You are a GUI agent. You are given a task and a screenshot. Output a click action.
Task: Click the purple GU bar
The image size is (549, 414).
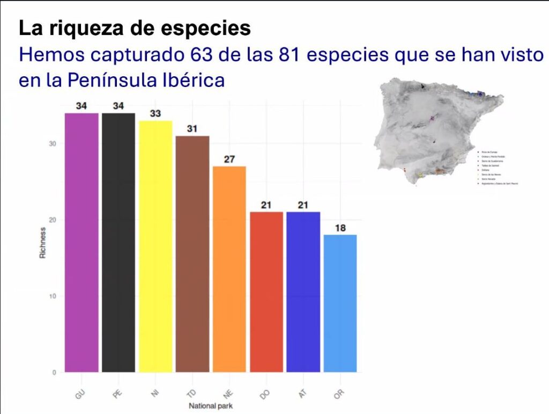(x=81, y=242)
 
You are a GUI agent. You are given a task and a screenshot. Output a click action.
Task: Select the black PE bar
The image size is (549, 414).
(x=118, y=242)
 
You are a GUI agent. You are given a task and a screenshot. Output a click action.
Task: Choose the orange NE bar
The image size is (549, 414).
(x=229, y=268)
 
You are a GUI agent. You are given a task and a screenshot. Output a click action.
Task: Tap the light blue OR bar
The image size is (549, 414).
(x=340, y=303)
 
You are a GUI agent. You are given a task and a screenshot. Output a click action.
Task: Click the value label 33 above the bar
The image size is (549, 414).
(x=155, y=114)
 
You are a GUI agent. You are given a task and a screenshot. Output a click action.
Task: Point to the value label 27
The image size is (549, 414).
(x=229, y=159)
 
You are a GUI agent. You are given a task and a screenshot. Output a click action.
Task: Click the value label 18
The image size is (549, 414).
(x=340, y=228)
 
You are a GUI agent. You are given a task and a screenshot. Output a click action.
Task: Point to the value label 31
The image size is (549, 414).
(x=192, y=129)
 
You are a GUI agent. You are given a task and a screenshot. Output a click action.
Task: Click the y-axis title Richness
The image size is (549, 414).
(x=42, y=243)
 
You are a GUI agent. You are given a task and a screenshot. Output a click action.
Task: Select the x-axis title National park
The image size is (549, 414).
(x=211, y=406)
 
